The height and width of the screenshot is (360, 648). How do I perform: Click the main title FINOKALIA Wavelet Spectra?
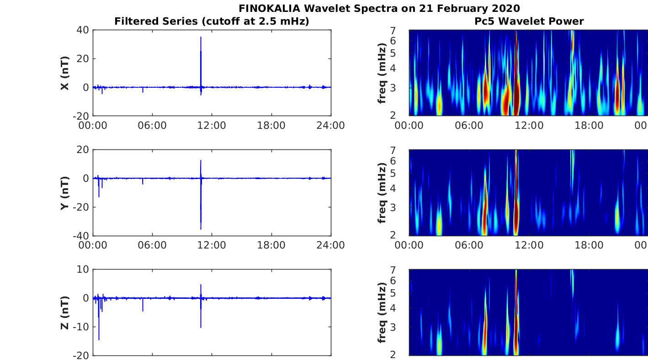[379, 8]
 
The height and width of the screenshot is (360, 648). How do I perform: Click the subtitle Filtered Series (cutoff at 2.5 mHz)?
[212, 21]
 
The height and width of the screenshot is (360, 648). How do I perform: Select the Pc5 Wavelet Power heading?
[529, 21]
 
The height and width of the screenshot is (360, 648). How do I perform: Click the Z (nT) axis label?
[64, 312]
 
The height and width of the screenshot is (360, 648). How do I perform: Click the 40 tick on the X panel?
[83, 30]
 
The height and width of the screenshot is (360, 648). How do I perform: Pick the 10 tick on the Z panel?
[83, 270]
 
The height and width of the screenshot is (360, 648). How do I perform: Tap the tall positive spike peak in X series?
[201, 37]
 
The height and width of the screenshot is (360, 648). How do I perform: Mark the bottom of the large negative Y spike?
[201, 229]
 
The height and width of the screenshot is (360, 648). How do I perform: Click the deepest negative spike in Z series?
[99, 339]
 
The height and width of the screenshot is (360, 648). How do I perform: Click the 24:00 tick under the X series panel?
[331, 126]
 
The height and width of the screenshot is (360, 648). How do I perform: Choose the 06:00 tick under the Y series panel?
[152, 245]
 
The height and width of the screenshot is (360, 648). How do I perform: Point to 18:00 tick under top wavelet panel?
[589, 126]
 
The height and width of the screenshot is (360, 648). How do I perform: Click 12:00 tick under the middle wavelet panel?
[529, 245]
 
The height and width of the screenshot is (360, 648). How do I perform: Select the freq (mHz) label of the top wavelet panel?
[382, 73]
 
